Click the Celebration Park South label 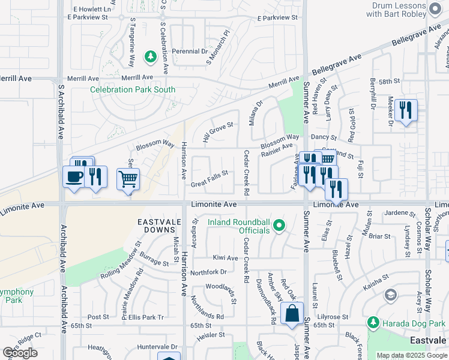[x=133, y=90]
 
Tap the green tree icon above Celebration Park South [x=151, y=58]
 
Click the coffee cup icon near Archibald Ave [x=74, y=177]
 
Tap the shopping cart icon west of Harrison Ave [x=128, y=178]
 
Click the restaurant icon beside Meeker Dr [x=406, y=110]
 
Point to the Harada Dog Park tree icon [x=373, y=323]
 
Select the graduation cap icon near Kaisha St [x=391, y=295]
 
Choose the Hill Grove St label [x=217, y=129]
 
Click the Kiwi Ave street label [x=226, y=258]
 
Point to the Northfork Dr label [x=208, y=272]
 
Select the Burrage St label [x=154, y=261]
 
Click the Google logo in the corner [x=20, y=353]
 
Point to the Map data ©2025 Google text [x=412, y=355]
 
